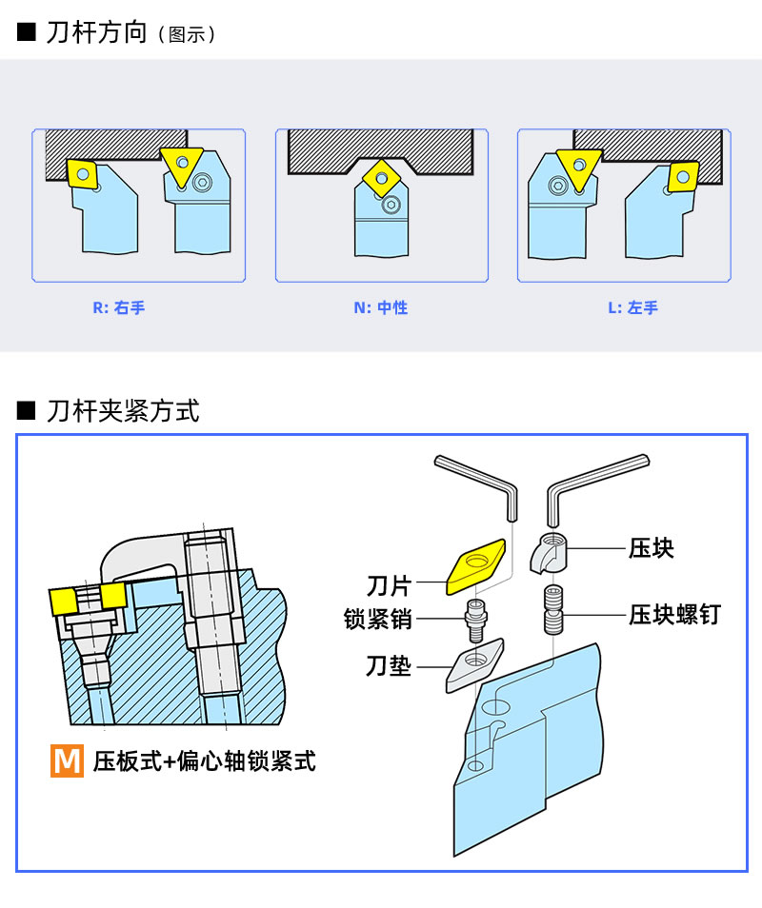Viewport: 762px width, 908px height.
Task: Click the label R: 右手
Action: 119,307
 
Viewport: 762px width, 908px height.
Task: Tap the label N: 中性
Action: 381,307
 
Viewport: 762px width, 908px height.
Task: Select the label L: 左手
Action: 632,307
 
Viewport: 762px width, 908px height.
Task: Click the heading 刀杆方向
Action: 96,32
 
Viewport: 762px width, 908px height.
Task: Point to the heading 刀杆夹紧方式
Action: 123,410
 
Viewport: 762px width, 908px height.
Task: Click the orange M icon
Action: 68,760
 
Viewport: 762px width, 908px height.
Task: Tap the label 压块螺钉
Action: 675,615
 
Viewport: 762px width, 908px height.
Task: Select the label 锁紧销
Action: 378,619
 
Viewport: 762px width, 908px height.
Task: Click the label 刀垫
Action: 389,666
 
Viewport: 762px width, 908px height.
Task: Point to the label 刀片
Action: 389,586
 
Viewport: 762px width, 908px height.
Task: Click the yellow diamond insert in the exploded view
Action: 475,566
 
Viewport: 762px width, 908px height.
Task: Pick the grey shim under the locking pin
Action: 474,665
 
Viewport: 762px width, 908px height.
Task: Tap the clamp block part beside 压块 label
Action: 549,553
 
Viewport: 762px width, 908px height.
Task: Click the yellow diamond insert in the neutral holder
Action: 381,179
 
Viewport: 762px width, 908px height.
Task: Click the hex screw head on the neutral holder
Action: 391,204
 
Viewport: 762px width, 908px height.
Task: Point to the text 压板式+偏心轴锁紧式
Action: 205,760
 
